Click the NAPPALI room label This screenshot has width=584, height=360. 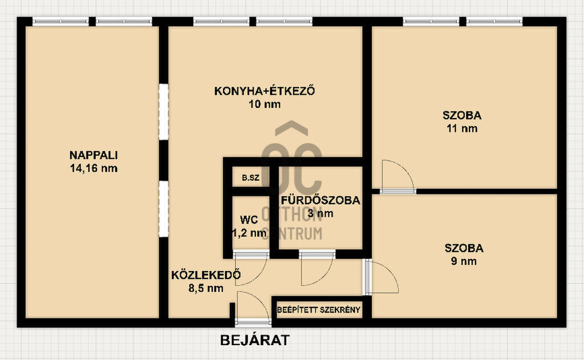[x=94, y=155]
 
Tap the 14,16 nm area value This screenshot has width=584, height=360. [x=94, y=168]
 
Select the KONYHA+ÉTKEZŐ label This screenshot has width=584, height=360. [x=265, y=91]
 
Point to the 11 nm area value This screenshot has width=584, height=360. [x=462, y=128]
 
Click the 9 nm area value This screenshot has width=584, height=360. [x=464, y=261]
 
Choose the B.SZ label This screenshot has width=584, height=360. [x=250, y=178]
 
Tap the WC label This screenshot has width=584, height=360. [x=249, y=220]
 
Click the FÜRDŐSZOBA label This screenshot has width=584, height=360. [x=321, y=200]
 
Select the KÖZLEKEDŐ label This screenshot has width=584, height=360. [x=205, y=275]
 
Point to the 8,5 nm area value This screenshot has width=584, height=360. [x=205, y=288]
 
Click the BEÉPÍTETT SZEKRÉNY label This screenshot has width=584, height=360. [x=319, y=310]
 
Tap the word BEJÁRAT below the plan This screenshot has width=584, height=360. [x=255, y=340]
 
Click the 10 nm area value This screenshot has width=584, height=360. [x=265, y=104]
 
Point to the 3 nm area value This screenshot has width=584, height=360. [x=321, y=213]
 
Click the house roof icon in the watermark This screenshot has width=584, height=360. [x=291, y=128]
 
